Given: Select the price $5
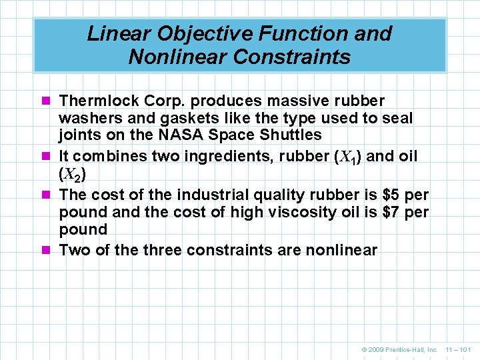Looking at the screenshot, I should pyautogui.click(x=391, y=195).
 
